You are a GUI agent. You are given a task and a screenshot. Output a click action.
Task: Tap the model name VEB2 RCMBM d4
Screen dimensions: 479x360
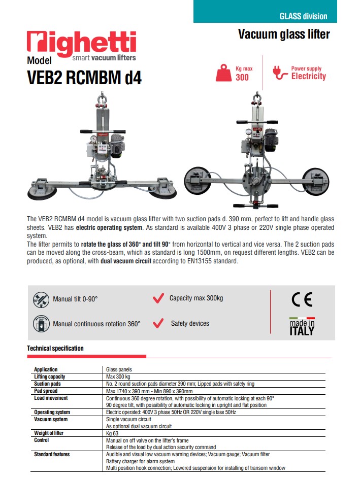click(x=84, y=79)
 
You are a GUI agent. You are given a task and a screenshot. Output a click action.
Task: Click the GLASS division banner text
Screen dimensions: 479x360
click(x=303, y=16)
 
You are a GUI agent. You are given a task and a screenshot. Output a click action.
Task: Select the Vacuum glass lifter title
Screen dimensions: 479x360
click(x=284, y=35)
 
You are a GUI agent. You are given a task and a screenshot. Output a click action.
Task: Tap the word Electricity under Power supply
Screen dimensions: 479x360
click(x=308, y=77)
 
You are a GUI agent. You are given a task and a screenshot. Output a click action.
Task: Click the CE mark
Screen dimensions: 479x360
click(x=302, y=300)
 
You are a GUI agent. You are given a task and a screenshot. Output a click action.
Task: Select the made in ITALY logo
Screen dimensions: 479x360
click(x=302, y=327)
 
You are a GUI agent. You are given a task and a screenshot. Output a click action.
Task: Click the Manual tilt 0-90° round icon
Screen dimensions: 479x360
click(x=41, y=299)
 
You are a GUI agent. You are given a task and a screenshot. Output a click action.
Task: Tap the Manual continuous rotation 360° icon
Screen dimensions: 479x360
click(x=41, y=323)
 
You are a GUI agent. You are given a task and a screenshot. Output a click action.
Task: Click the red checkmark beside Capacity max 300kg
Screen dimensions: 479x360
click(x=158, y=298)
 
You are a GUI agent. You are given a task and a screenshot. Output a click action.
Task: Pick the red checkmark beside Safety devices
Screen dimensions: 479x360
click(x=158, y=323)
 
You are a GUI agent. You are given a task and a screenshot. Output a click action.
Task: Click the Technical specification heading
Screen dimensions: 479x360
click(x=55, y=349)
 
